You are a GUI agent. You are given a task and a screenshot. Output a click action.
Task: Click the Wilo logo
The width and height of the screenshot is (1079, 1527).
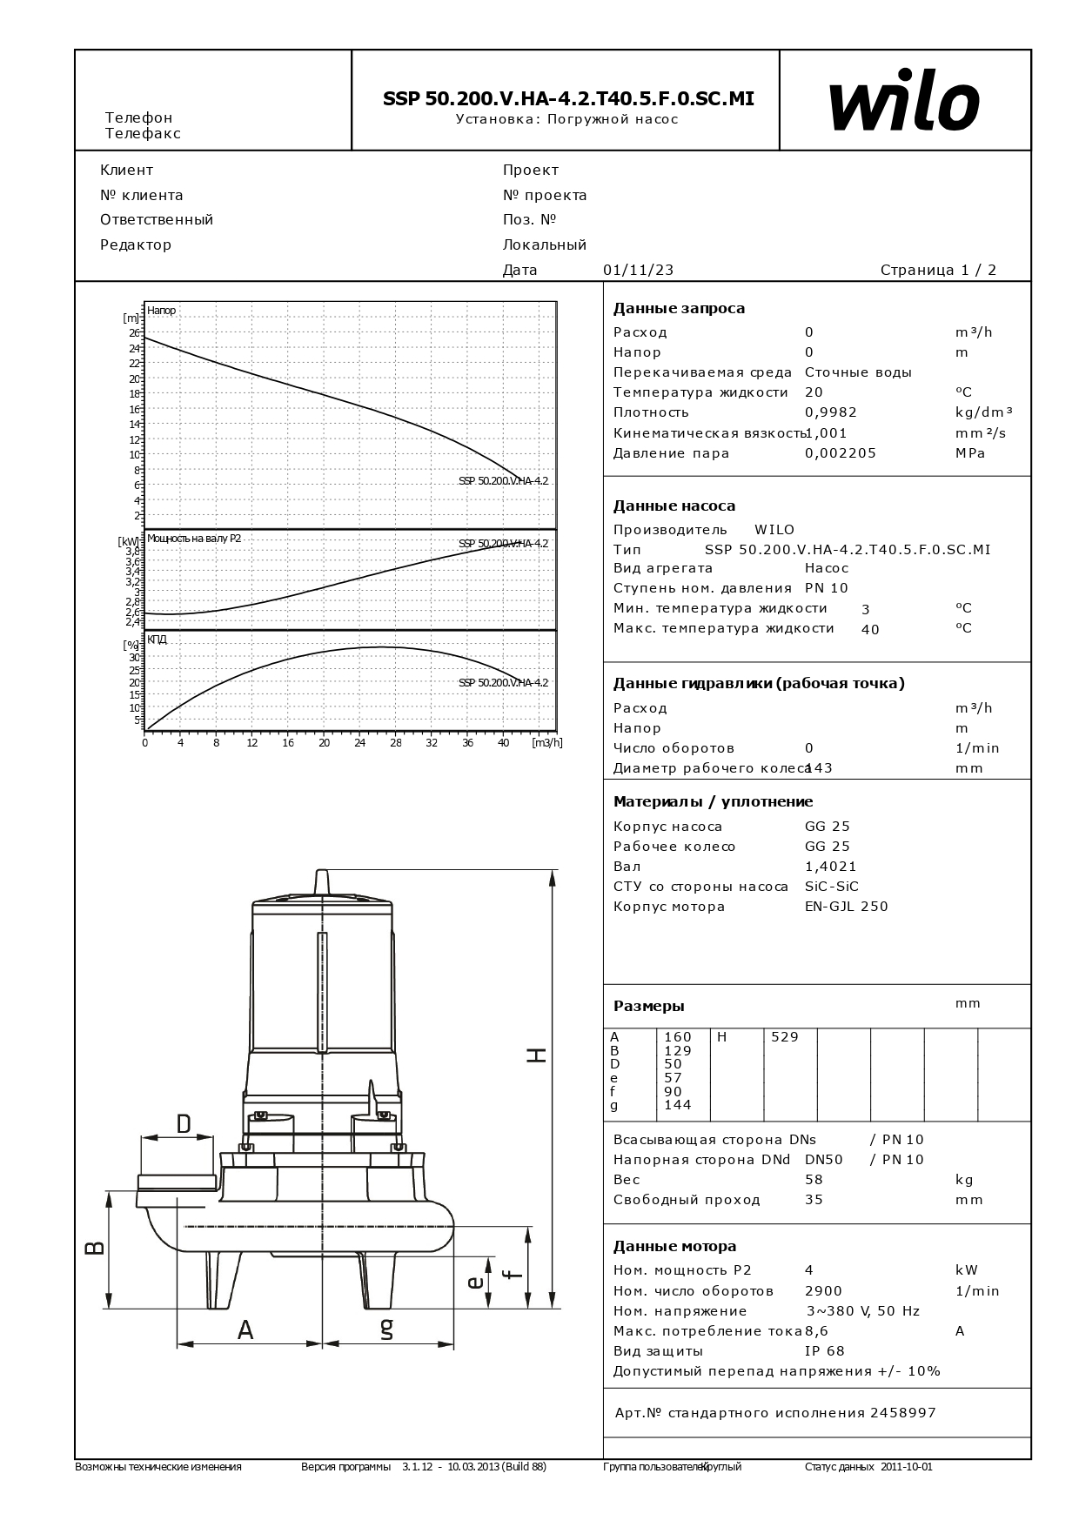coord(904,101)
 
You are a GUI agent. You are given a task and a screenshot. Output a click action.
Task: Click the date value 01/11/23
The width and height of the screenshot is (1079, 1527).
coord(638,270)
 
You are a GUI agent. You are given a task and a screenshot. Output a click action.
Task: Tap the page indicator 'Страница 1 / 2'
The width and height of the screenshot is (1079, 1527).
coord(938,270)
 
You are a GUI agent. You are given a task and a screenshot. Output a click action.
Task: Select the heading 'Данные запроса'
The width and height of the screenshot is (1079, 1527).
coord(679,308)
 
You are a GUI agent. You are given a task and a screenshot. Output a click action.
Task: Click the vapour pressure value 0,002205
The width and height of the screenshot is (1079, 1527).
coord(840,453)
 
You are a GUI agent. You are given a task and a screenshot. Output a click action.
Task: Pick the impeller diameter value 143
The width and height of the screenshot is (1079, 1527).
coord(820,768)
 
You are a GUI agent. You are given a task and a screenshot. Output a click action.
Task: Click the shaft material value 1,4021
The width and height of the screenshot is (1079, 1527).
coord(830,867)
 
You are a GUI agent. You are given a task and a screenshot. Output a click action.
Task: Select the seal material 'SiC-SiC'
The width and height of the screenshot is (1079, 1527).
coord(831,887)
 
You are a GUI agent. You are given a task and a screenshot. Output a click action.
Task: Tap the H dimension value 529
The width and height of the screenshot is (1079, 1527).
coord(784,1037)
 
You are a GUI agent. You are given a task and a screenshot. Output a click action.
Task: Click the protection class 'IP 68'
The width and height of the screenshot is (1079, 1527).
coord(824,1351)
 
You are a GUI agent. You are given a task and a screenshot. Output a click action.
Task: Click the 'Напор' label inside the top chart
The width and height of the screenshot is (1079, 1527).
coord(162,311)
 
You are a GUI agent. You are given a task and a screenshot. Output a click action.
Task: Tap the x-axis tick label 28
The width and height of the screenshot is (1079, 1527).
coord(396,743)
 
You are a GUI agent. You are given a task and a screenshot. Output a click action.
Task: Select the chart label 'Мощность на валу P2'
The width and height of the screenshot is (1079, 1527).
coord(194,539)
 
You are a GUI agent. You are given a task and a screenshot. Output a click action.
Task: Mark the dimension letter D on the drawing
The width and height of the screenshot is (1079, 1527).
coord(184,1124)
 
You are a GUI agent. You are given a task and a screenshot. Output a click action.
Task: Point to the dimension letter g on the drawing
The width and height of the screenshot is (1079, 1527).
coord(387,1328)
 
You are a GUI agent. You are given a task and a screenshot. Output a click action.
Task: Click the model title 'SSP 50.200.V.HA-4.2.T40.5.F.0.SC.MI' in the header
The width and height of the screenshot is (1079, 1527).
coord(568,99)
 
